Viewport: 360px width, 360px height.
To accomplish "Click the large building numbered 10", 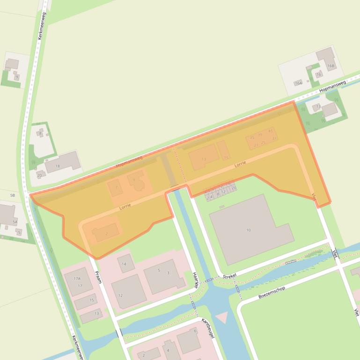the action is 249,230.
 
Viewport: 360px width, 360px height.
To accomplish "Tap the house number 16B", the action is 331,66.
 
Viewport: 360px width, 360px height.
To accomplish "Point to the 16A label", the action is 298,83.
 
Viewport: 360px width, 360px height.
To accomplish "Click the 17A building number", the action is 77,278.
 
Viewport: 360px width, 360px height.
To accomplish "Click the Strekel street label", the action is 230,275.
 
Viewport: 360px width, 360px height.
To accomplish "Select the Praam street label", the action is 98,277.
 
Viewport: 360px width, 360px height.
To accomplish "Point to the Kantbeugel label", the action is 207,327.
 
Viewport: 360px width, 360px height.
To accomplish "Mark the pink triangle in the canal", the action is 221,317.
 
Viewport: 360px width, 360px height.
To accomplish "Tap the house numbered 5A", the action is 15,222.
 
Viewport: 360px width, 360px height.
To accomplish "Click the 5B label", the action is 13,195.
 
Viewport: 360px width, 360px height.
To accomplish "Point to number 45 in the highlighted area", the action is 270,131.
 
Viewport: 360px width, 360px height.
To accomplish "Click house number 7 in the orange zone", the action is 116,187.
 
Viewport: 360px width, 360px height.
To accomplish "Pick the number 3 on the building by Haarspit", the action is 168,273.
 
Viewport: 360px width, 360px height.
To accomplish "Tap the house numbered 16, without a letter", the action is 319,74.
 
